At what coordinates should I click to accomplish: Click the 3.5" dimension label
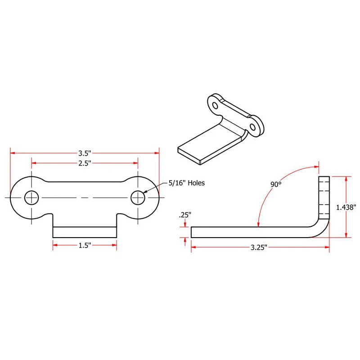(x=85, y=153)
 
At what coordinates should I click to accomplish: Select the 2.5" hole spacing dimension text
(x=85, y=163)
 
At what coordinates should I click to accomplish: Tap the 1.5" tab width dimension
(x=85, y=245)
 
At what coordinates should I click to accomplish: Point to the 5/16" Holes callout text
(x=186, y=183)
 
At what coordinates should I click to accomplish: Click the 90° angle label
(x=276, y=184)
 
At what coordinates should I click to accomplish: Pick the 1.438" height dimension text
(x=346, y=207)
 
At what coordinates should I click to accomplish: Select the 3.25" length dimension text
(x=259, y=247)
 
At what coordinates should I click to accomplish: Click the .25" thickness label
(x=185, y=215)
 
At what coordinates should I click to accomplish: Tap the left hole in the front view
(x=31, y=198)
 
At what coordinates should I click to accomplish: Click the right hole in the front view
(x=138, y=198)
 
